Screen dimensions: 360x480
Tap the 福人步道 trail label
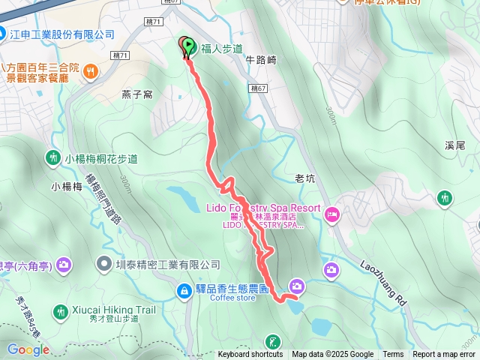pos(222,49)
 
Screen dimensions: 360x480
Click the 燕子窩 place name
pos(137,94)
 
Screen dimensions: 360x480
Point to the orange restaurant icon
pos(91,70)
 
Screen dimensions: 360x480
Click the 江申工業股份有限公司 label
pos(61,34)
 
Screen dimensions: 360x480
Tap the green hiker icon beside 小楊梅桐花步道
pos(53,158)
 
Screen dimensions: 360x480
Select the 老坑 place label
pos(304,178)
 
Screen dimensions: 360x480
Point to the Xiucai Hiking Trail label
pos(115,309)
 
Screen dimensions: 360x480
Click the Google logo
pos(28,349)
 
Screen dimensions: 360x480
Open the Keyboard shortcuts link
pos(250,355)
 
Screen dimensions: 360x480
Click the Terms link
pos(393,355)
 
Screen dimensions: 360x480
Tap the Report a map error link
pos(445,355)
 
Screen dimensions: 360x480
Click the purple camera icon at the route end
pos(297,286)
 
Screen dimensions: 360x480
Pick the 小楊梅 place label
pos(67,186)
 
